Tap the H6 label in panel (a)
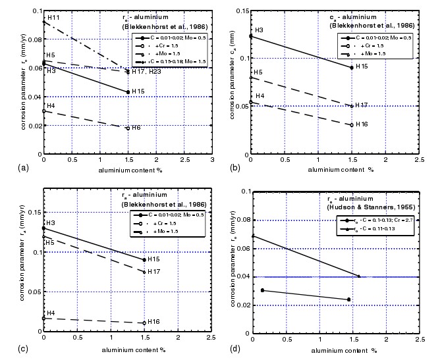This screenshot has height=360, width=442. [136, 127]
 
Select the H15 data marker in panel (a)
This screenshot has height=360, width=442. [128, 92]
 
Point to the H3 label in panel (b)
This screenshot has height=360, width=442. [259, 30]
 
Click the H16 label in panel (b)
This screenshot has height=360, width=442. [362, 124]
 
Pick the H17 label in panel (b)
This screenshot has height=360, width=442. [362, 105]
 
